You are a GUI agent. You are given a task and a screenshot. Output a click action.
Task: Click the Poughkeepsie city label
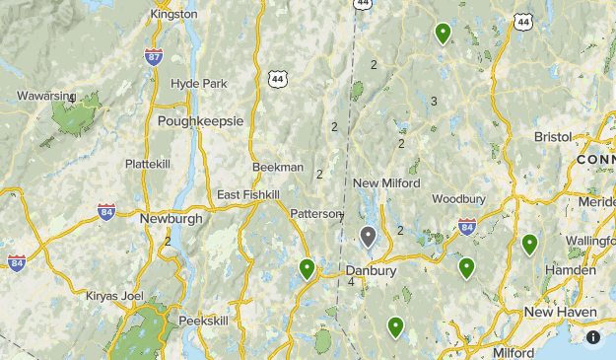coord(200,120)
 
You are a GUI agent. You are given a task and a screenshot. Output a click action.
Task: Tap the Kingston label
coord(174,15)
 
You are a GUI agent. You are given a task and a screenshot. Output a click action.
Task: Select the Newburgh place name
coord(171,218)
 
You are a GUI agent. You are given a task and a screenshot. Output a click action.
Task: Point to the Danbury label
coord(371,271)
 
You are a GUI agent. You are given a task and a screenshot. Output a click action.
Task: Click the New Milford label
coord(386,183)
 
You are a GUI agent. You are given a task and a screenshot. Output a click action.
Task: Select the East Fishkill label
coord(248,194)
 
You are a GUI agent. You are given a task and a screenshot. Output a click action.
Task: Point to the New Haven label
coord(560,313)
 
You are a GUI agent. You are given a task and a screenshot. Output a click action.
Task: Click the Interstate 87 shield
coord(154,57)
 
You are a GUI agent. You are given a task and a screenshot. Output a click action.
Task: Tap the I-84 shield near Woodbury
coord(467,228)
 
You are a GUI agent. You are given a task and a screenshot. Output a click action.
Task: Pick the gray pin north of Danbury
coord(368,236)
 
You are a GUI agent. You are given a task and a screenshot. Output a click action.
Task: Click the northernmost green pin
coord(443,33)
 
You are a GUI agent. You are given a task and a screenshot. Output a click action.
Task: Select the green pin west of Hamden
coord(529,243)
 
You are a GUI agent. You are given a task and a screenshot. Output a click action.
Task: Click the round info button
coord(593,337)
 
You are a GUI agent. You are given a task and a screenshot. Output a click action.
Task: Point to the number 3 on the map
coord(434,101)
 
